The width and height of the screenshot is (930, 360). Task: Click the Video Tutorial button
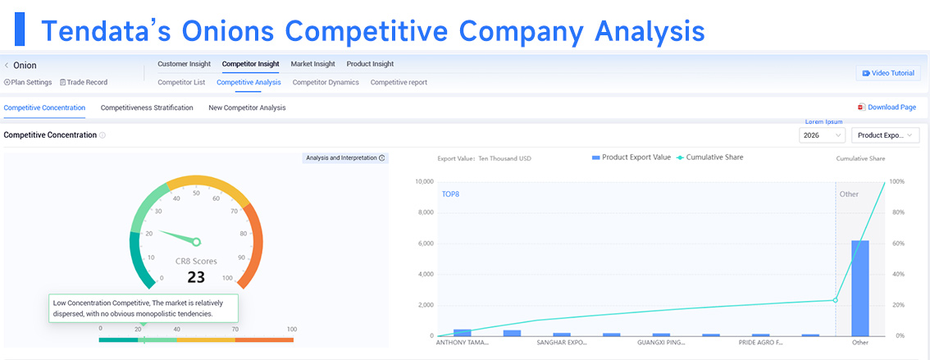(x=888, y=73)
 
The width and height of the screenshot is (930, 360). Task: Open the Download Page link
(x=887, y=107)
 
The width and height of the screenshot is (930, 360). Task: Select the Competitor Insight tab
(x=250, y=64)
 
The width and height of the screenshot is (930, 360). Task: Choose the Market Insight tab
(x=312, y=64)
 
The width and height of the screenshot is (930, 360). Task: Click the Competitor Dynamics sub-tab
(x=326, y=83)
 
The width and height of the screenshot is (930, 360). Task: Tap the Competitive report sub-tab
(x=399, y=83)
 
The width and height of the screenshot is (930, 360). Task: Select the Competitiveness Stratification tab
(x=147, y=108)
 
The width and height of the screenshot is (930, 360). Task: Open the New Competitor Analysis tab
(x=248, y=108)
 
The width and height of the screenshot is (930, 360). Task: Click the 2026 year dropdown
(x=822, y=135)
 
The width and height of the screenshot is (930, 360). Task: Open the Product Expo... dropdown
(x=886, y=135)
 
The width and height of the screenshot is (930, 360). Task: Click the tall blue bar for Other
(x=860, y=288)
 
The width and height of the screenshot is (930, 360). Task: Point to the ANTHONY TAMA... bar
(x=462, y=333)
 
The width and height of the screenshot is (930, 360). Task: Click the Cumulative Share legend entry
(x=710, y=157)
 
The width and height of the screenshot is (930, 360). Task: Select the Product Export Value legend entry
(x=631, y=157)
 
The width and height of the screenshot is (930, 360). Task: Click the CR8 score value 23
(x=196, y=277)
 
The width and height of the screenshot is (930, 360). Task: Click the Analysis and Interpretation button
(x=345, y=157)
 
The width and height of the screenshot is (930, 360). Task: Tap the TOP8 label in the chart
(x=450, y=194)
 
